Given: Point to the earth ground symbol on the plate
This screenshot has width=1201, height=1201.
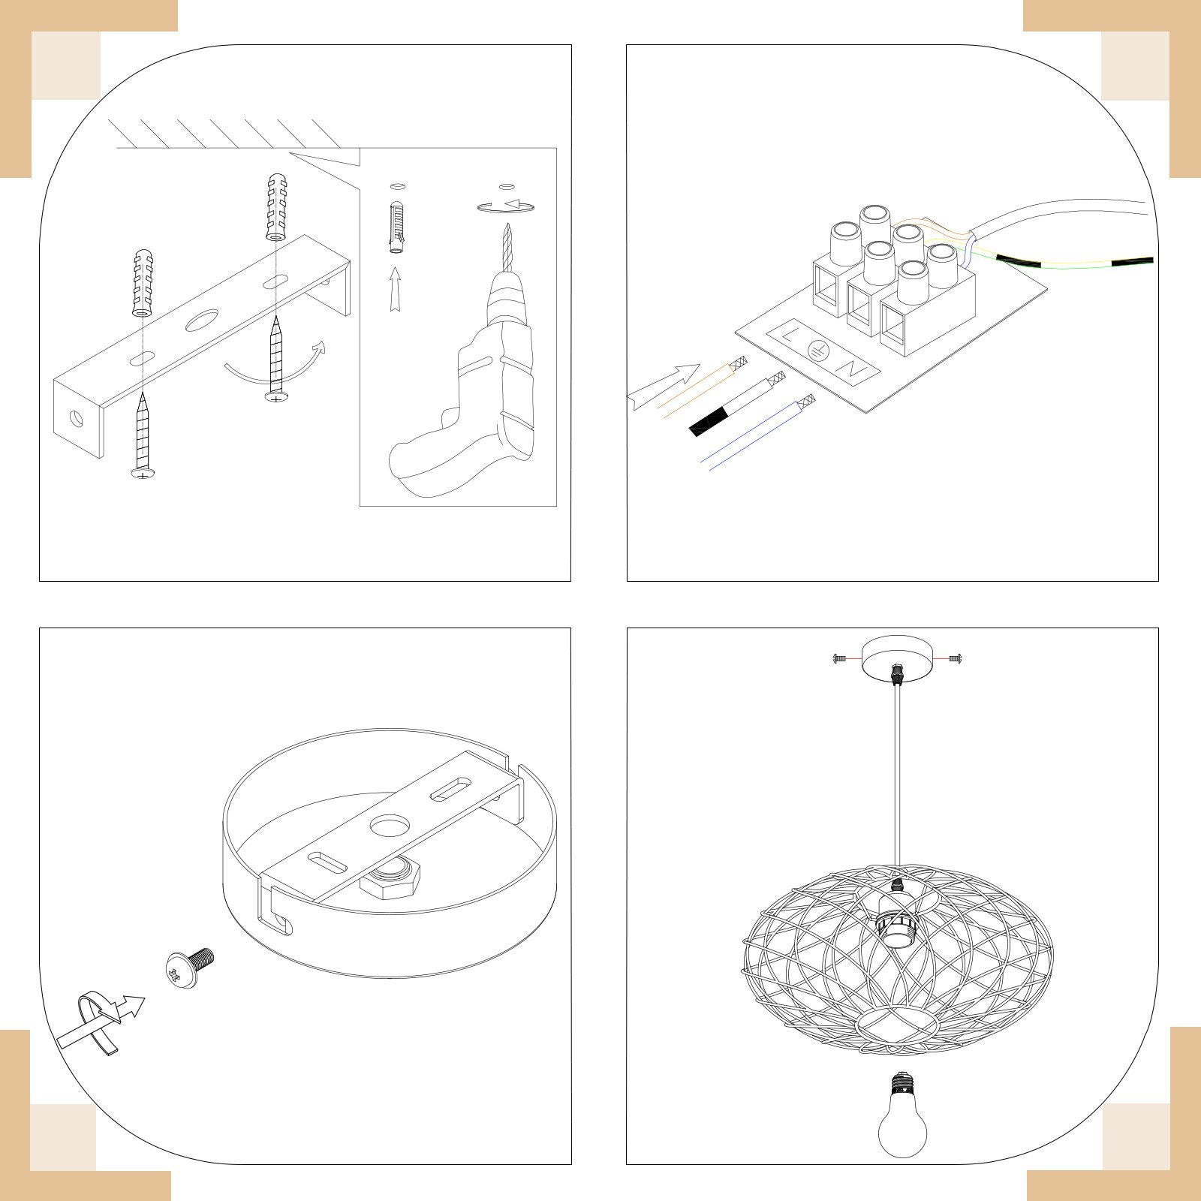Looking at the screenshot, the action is point(819,351).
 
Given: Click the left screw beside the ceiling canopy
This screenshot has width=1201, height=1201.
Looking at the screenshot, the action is point(841,658).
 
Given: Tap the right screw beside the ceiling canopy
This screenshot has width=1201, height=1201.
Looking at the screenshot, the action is point(956,658).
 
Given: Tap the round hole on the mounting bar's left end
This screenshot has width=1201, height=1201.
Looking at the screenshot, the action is point(76,417).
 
